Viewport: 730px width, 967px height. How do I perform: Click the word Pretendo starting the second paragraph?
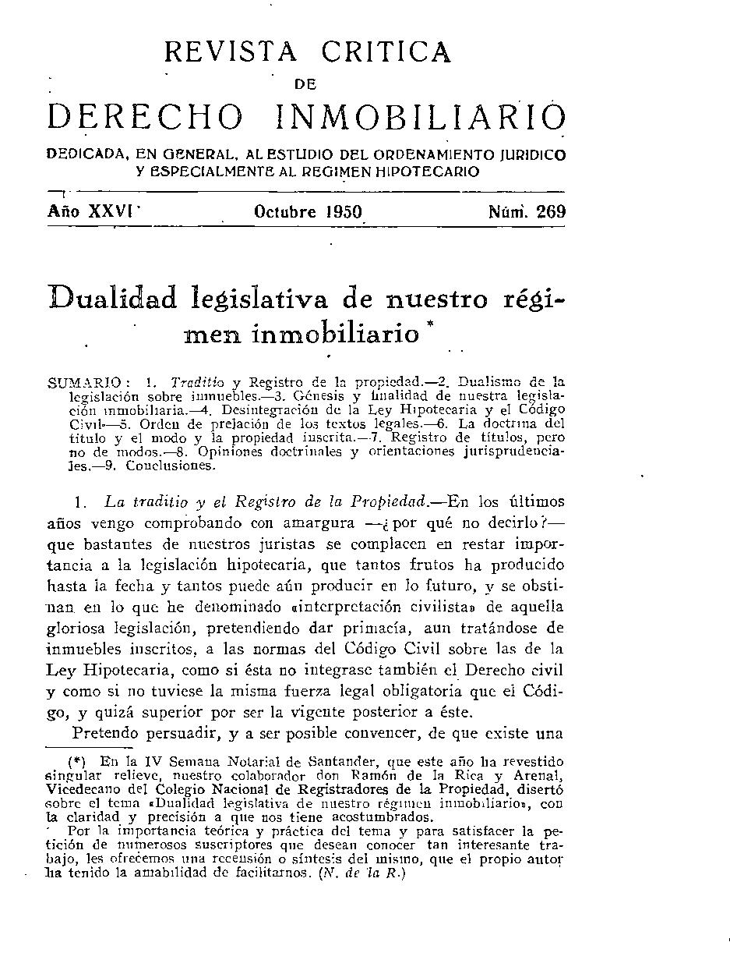(x=105, y=733)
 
